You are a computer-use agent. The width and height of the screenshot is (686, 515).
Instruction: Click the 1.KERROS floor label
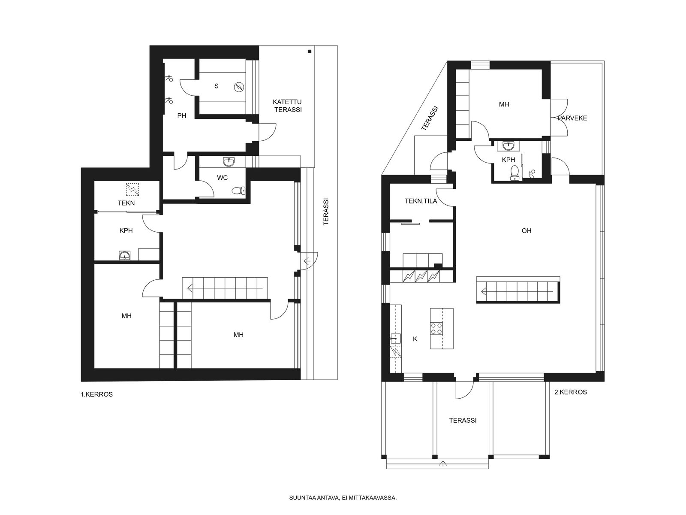pyautogui.click(x=96, y=394)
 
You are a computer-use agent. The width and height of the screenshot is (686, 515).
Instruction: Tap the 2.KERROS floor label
pyautogui.click(x=571, y=392)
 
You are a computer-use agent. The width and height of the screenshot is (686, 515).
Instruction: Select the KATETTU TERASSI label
pyautogui.click(x=288, y=106)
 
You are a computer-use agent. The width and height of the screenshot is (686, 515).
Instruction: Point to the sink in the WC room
pyautogui.click(x=229, y=162)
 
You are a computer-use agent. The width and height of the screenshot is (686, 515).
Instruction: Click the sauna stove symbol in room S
pyautogui.click(x=239, y=87)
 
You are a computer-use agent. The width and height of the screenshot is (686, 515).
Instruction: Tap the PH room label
pyautogui.click(x=182, y=116)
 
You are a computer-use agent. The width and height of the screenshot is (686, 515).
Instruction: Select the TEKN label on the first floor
pyautogui.click(x=126, y=203)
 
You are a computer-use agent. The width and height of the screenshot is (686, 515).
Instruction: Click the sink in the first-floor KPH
pyautogui.click(x=125, y=255)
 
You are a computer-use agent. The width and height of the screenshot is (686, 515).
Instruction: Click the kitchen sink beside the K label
pyautogui.click(x=396, y=338)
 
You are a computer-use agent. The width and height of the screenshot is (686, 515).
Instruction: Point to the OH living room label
pyautogui.click(x=527, y=231)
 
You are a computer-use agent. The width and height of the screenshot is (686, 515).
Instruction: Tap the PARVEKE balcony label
pyautogui.click(x=572, y=118)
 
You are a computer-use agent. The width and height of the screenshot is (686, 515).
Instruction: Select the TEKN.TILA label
pyautogui.click(x=421, y=201)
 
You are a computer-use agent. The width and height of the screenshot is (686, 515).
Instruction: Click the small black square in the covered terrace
pyautogui.click(x=309, y=51)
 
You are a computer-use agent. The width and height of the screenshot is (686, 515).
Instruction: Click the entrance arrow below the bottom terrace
pyautogui.click(x=442, y=464)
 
